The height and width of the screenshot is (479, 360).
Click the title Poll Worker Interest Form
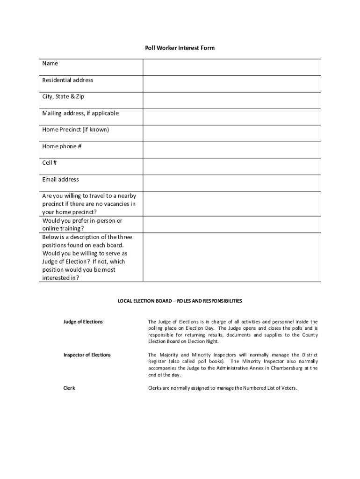point(180,48)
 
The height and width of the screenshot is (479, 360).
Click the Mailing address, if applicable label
point(80,113)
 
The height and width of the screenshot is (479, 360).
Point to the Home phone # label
point(62,146)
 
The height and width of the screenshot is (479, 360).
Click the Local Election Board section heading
point(180,301)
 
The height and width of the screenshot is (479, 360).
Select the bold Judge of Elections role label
point(83,322)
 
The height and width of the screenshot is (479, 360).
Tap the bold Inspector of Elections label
point(87,355)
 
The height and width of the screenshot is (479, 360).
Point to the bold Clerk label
point(69,388)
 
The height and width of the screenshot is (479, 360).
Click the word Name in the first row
point(50,64)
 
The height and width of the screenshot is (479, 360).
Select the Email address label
point(60,180)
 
